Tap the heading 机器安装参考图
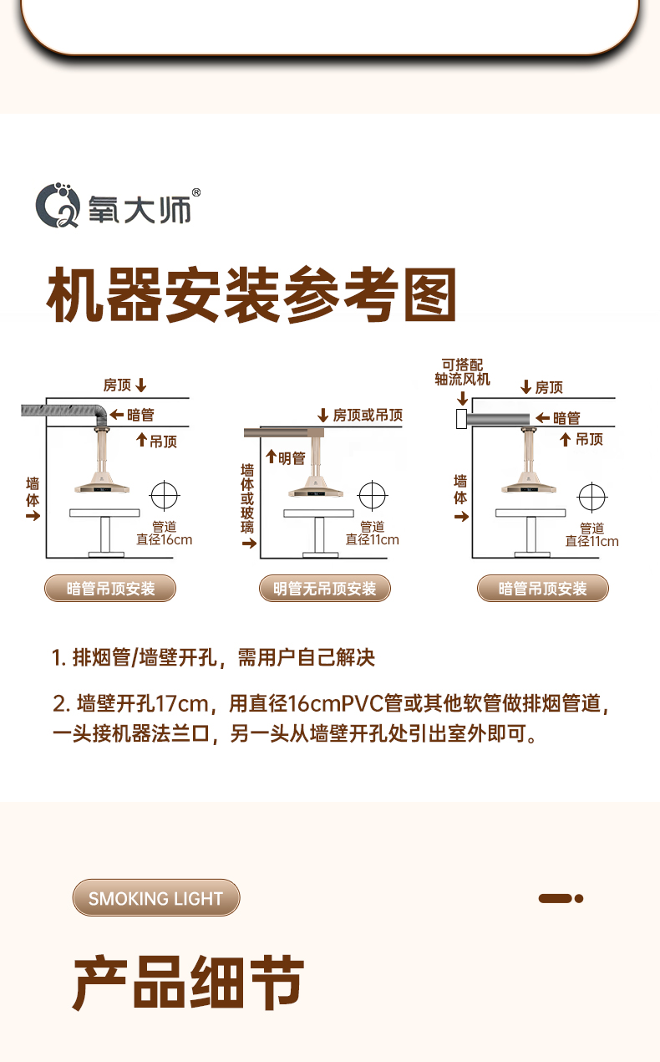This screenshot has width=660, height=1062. point(251,295)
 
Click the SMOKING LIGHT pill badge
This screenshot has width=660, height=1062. point(156,898)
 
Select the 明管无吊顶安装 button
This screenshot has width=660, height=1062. point(324,589)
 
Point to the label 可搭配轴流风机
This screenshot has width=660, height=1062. point(463,372)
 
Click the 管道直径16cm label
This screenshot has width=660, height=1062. point(165,534)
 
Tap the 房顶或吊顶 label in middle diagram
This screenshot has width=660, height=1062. point(368,416)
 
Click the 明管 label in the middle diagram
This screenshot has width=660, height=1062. point(292,458)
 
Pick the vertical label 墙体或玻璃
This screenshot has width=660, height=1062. point(247,498)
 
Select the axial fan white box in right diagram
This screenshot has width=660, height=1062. point(461,419)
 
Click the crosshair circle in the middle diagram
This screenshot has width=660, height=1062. point(373,495)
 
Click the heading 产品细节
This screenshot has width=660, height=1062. point(188,983)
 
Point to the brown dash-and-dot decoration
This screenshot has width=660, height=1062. point(561,898)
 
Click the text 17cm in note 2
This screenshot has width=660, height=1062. point(182,703)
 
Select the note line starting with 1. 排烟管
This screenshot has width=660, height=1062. point(213,657)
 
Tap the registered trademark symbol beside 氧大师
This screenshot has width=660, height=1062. point(196,192)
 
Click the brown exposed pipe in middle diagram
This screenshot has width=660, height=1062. point(284,432)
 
